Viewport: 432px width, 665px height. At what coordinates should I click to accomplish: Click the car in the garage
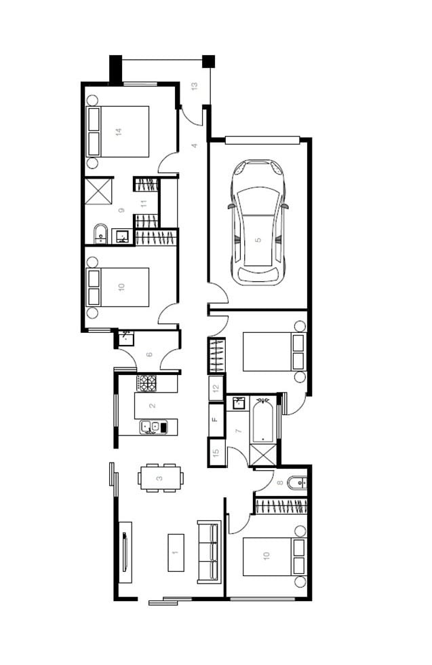(258, 222)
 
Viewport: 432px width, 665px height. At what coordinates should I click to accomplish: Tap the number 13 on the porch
(195, 86)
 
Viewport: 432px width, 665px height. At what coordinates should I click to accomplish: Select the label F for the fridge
(215, 419)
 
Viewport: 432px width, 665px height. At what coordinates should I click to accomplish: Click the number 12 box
(216, 388)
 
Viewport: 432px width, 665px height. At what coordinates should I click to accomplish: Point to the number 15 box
(216, 452)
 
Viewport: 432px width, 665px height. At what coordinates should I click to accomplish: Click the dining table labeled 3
(161, 478)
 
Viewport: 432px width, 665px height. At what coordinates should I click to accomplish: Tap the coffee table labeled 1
(176, 552)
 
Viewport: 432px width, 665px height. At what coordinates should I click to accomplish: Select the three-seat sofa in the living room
(210, 552)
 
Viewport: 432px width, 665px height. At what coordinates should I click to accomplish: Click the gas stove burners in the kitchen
(147, 383)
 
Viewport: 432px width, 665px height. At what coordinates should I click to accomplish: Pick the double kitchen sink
(153, 427)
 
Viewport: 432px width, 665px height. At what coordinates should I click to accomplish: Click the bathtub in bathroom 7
(263, 419)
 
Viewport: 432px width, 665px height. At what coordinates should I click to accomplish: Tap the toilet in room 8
(296, 483)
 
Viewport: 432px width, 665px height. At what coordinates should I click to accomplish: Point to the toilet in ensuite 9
(101, 234)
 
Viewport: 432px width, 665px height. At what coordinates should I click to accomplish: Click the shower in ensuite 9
(99, 192)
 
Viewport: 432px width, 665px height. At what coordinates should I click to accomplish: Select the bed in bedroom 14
(118, 132)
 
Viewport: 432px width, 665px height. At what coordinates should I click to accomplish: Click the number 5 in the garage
(258, 240)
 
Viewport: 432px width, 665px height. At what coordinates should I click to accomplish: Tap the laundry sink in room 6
(126, 338)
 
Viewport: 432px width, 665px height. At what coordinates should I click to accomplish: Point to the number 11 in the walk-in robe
(144, 204)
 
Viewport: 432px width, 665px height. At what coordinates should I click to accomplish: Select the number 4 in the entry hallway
(195, 146)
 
